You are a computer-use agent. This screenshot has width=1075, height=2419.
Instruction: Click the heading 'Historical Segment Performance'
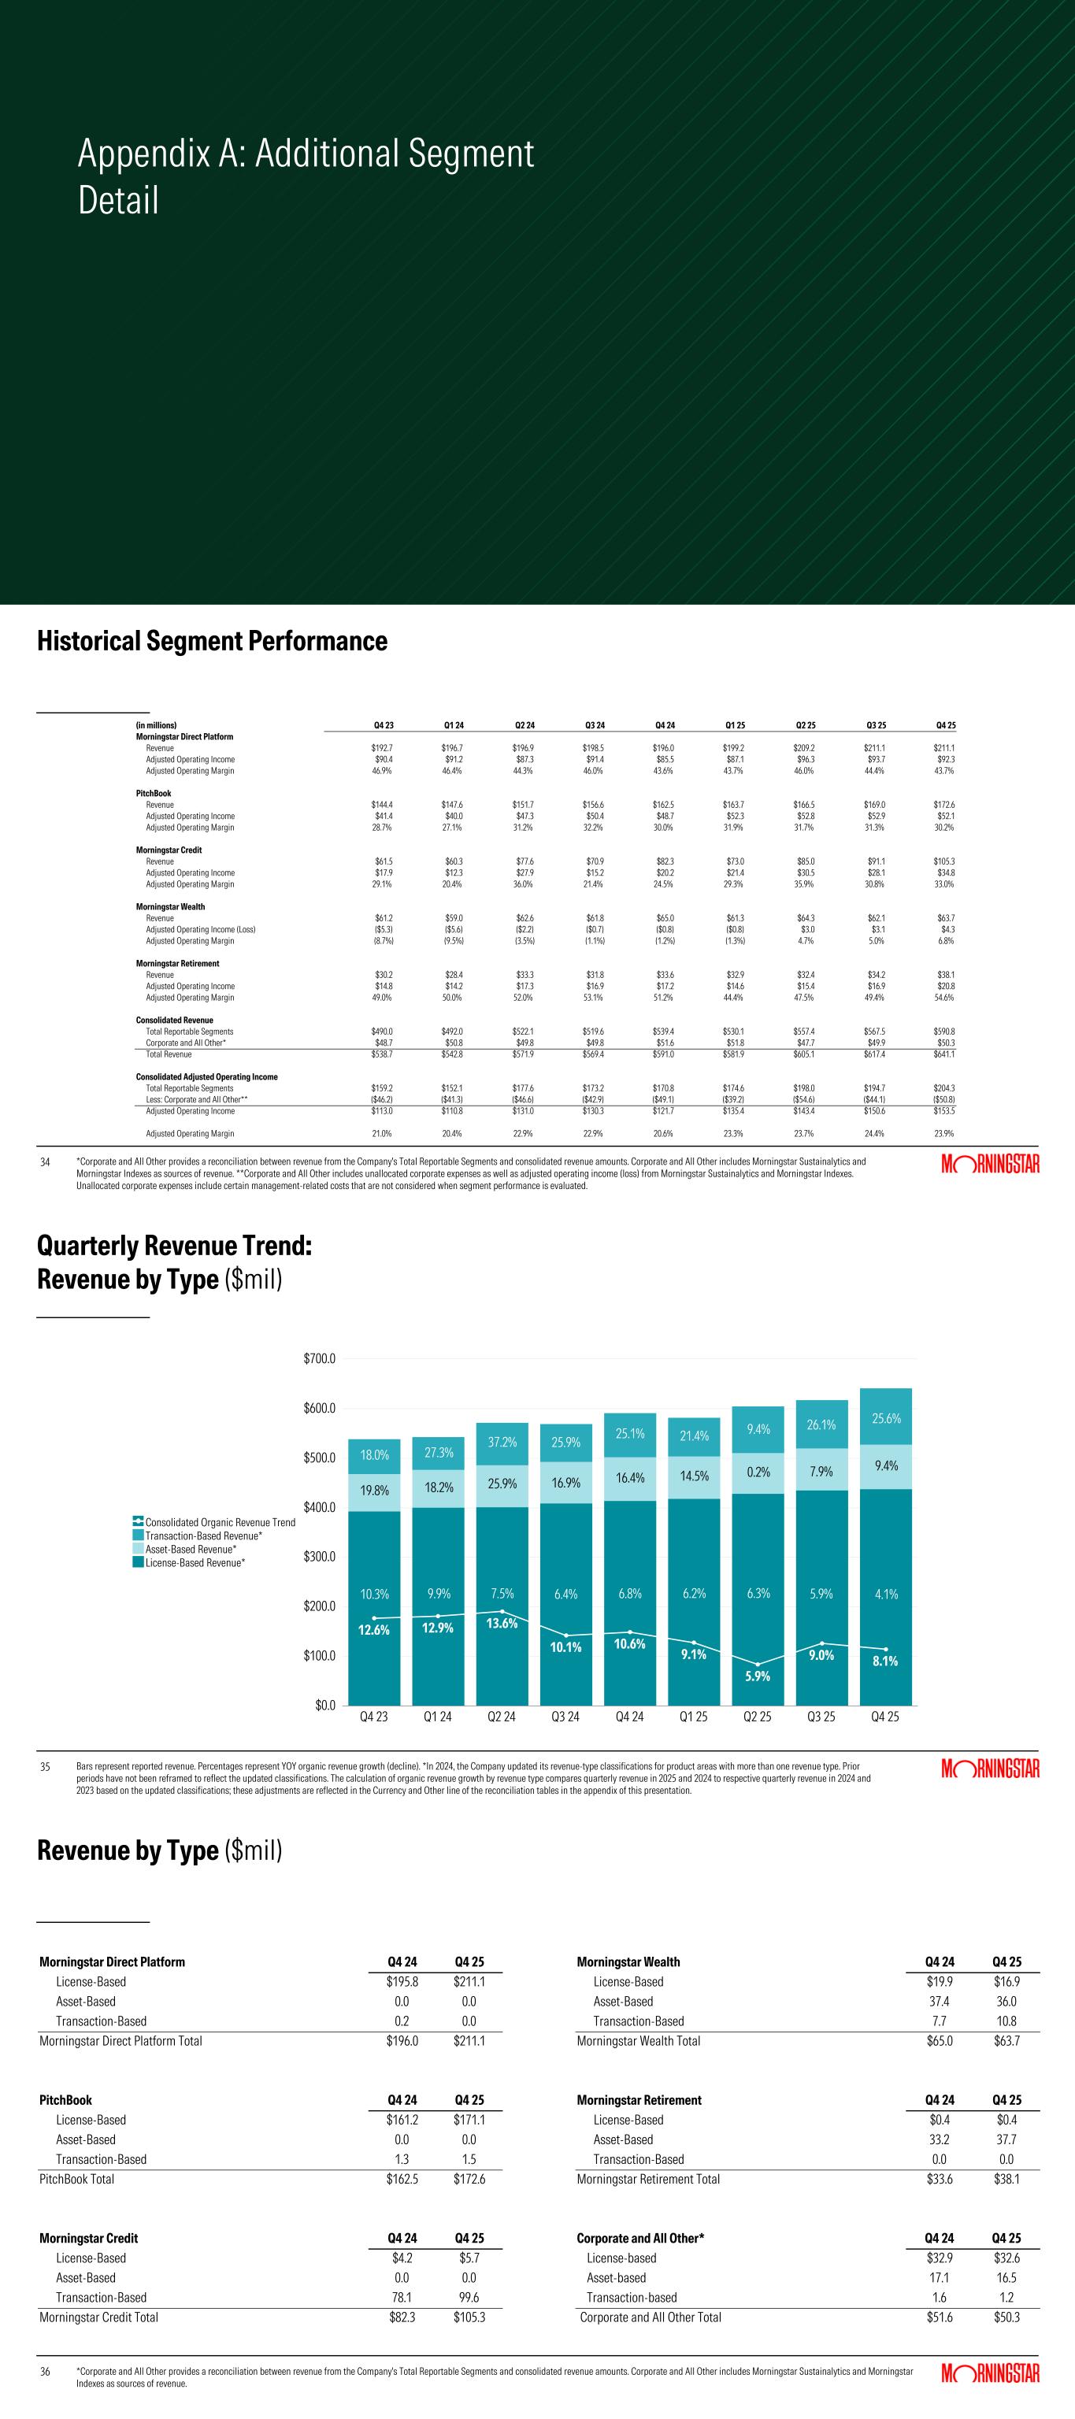(x=212, y=642)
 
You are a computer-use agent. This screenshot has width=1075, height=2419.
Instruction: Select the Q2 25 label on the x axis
(x=757, y=1717)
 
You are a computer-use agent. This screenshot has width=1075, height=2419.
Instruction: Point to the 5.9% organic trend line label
(x=758, y=1676)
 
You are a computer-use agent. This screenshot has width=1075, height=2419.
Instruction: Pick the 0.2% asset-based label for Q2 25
(x=758, y=1473)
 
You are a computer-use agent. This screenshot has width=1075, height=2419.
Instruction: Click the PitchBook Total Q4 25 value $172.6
(x=469, y=2180)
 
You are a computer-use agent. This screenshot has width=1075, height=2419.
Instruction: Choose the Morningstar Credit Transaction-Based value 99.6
(x=469, y=2298)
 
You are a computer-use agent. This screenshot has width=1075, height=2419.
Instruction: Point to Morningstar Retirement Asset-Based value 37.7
(x=1006, y=2140)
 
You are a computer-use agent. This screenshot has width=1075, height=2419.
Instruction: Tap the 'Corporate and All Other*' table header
(x=640, y=2239)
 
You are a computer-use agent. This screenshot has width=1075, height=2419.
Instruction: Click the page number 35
(x=45, y=1767)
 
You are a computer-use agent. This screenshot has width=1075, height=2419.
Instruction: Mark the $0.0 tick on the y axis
(x=324, y=1704)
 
